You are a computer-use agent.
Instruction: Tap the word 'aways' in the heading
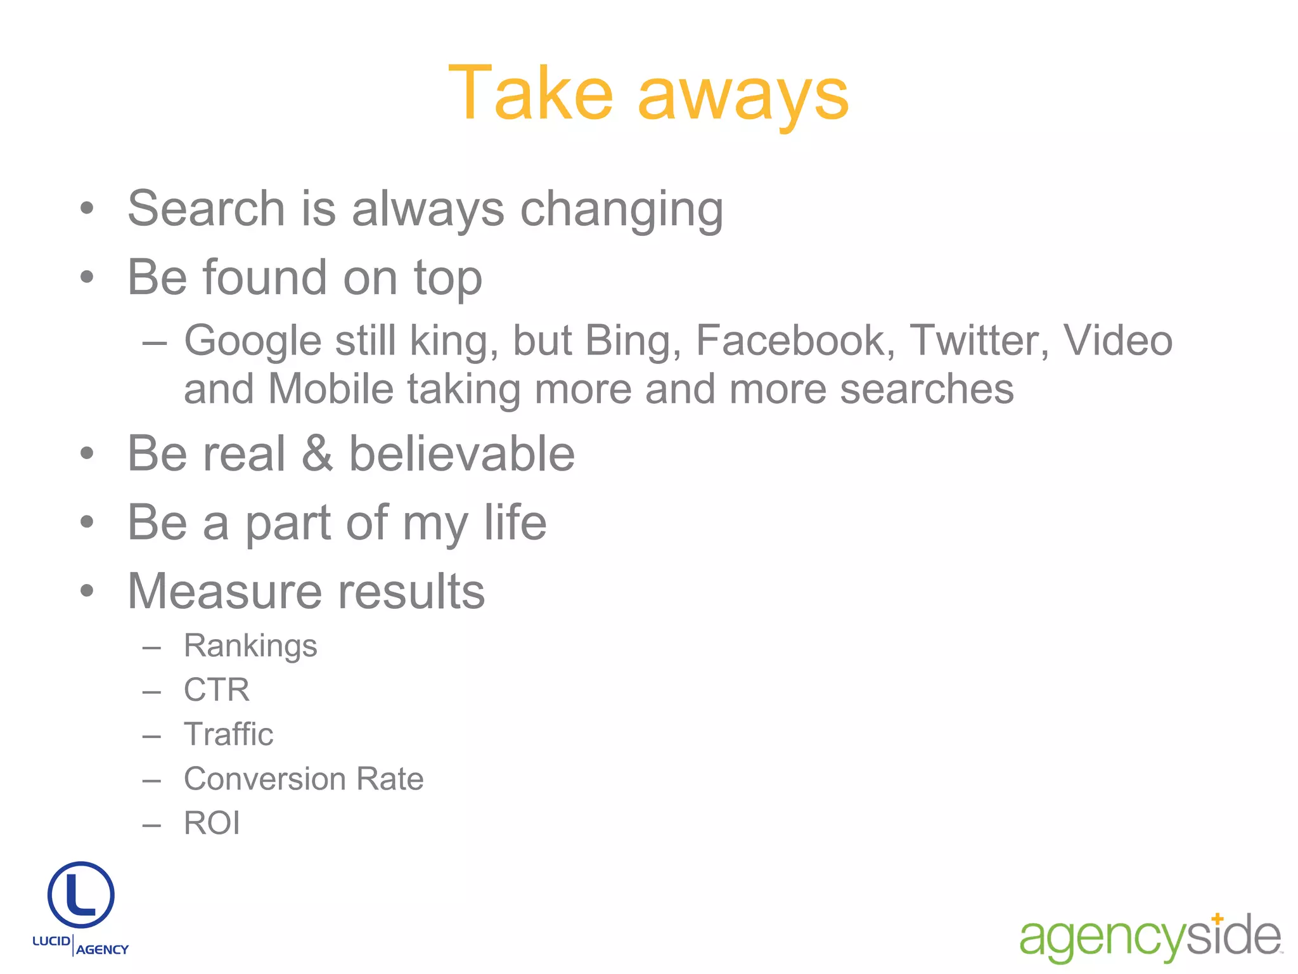[x=743, y=96]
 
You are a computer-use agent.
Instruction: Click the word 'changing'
[x=622, y=211]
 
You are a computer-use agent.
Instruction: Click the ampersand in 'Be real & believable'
[x=317, y=454]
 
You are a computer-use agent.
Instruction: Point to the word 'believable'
[x=462, y=454]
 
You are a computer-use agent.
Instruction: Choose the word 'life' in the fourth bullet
[x=515, y=523]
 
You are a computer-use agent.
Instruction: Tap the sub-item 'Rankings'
[x=250, y=647]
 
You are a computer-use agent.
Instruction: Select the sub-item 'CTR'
[x=217, y=690]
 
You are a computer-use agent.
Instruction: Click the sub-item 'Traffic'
[x=228, y=734]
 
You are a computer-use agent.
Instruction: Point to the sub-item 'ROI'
[x=212, y=823]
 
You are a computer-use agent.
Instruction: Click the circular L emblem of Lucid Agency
[x=81, y=895]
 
